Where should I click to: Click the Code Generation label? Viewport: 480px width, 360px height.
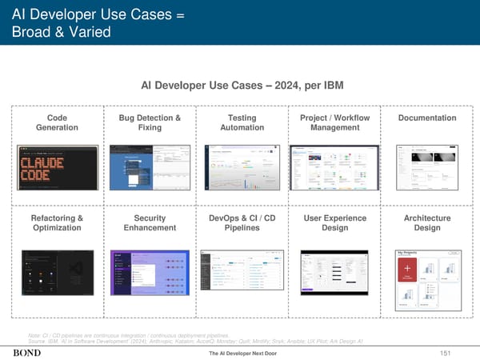[x=57, y=122]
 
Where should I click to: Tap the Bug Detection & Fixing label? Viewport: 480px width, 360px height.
[x=149, y=122]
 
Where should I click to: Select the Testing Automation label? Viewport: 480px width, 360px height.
[x=242, y=122]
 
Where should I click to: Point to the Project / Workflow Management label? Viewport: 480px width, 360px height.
[x=334, y=122]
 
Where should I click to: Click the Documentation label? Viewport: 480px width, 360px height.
[x=426, y=118]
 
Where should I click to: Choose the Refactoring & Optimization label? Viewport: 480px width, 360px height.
[x=57, y=222]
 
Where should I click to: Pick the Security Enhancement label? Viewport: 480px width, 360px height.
[x=149, y=222]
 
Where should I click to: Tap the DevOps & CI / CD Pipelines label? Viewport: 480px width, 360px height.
[x=242, y=222]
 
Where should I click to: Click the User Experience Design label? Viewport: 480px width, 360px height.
[x=334, y=222]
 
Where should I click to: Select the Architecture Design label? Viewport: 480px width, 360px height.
[x=426, y=222]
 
